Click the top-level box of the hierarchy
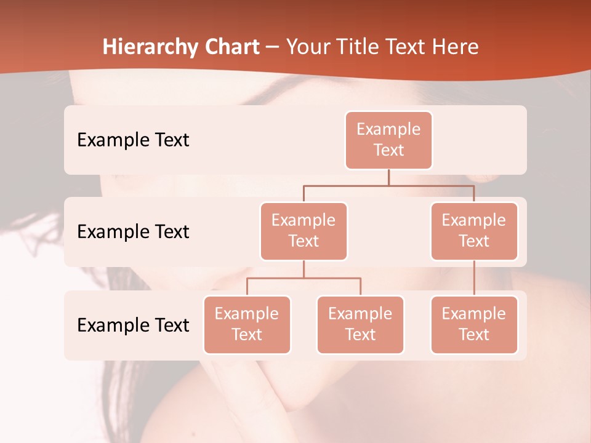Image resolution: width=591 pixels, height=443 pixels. click(x=388, y=140)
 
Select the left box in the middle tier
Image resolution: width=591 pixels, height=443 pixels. click(x=304, y=231)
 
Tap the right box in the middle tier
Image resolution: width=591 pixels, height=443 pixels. click(x=474, y=231)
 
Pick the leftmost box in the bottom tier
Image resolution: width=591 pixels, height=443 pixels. click(x=247, y=324)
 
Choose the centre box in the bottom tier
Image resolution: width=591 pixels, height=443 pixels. click(x=360, y=324)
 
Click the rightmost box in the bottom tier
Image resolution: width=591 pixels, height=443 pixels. click(x=474, y=324)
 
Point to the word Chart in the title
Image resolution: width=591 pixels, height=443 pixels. click(x=228, y=47)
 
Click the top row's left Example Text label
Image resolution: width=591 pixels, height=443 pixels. click(x=133, y=140)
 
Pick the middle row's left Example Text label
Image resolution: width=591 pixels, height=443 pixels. click(x=133, y=231)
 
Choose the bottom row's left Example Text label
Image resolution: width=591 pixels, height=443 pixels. click(x=133, y=325)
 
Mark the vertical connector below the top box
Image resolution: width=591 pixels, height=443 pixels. click(x=388, y=177)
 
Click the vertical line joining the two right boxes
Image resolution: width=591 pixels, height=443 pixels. click(x=474, y=277)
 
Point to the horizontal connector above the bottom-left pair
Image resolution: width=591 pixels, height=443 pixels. click(x=304, y=278)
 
